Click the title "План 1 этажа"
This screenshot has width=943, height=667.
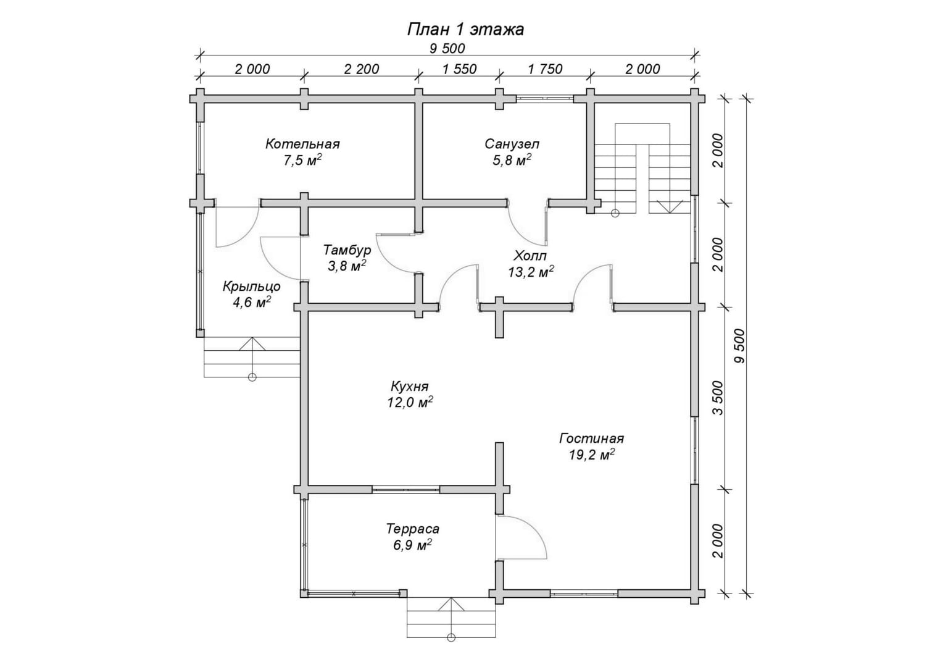[x=465, y=30]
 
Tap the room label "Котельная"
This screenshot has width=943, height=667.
[x=302, y=144]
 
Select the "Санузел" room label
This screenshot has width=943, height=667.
[x=512, y=144]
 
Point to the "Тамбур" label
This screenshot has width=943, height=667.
[x=347, y=250]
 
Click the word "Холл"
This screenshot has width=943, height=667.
[x=530, y=256]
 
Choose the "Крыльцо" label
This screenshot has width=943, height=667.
[x=251, y=287]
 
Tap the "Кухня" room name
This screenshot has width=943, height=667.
[x=410, y=386]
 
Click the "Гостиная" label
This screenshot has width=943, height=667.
[x=591, y=438]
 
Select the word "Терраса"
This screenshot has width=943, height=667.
[x=412, y=529]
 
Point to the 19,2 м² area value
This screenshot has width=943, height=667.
[x=591, y=455]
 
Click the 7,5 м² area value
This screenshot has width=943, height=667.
[x=303, y=160]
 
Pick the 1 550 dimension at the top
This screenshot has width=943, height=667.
[x=459, y=69]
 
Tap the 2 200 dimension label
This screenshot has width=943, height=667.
[x=362, y=69]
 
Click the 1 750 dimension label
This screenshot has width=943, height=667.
[x=545, y=69]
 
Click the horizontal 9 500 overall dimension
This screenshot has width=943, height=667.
[x=447, y=49]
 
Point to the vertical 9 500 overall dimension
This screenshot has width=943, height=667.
[x=739, y=345]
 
